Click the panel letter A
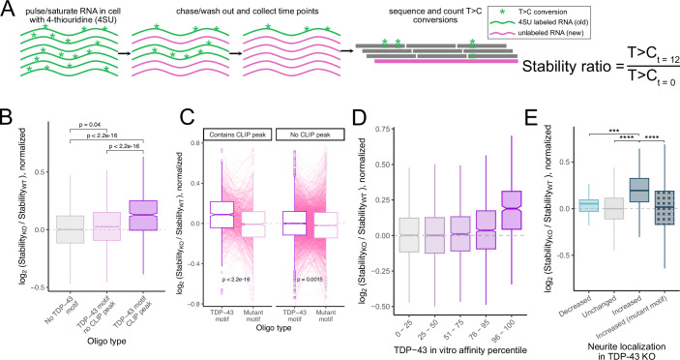point(9,10)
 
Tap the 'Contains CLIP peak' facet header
point(237,135)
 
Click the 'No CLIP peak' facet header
point(310,135)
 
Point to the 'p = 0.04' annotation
point(90,126)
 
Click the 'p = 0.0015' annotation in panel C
point(310,280)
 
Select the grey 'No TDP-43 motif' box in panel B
point(71,229)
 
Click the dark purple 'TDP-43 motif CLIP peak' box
point(131,215)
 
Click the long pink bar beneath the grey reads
point(446,62)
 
